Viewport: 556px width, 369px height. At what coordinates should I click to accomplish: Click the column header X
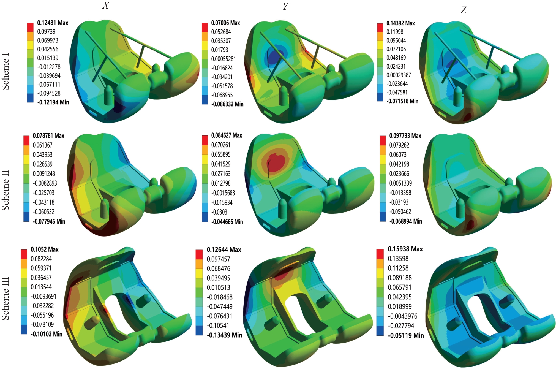[106, 5]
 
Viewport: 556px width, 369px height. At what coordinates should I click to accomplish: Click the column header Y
[285, 6]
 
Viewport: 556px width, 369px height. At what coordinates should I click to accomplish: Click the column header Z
[464, 10]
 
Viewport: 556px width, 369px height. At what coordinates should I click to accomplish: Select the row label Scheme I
[6, 71]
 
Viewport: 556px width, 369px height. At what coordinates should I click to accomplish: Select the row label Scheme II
[6, 190]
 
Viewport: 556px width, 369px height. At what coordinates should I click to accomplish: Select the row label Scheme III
[6, 298]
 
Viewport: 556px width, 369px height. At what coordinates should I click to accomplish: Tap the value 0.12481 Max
[53, 23]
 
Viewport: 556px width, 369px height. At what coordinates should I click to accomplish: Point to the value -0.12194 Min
[53, 102]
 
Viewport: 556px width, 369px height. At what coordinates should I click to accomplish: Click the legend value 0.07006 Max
[225, 23]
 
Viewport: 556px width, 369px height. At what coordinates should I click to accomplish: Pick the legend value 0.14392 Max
[400, 23]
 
